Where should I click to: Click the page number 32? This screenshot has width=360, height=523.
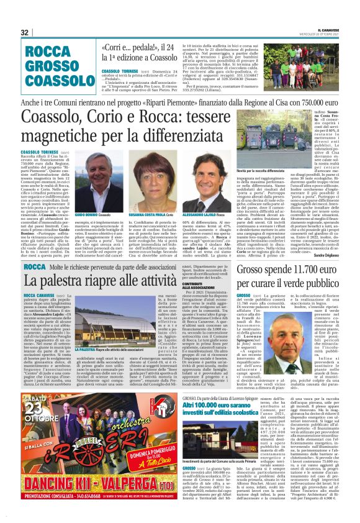25,32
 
